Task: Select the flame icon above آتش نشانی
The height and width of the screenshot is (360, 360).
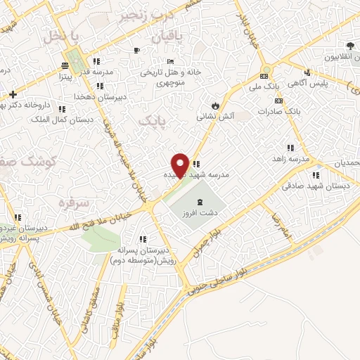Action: (x=215, y=106)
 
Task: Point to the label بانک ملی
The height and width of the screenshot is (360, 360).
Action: (x=267, y=86)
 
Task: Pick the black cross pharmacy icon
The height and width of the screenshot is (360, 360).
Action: (x=13, y=94)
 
